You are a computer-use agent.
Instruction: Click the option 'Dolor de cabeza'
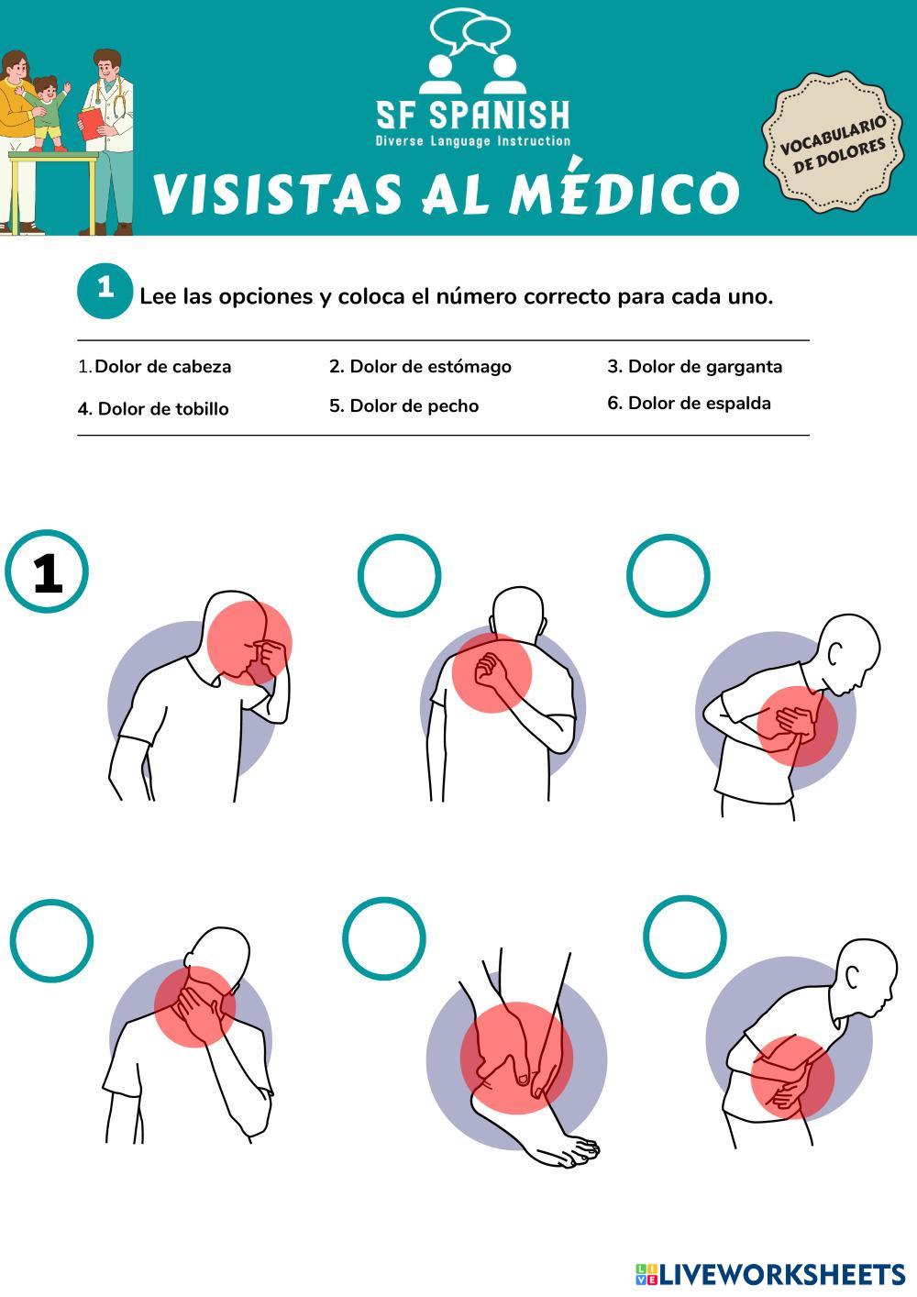pyautogui.click(x=155, y=367)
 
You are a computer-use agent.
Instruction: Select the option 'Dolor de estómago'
pyautogui.click(x=420, y=367)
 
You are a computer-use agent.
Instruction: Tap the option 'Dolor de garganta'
pyautogui.click(x=695, y=367)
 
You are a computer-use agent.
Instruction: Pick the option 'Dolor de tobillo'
pyautogui.click(x=153, y=409)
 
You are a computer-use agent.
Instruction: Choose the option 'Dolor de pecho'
pyautogui.click(x=404, y=406)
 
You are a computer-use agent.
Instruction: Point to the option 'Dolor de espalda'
pyautogui.click(x=689, y=403)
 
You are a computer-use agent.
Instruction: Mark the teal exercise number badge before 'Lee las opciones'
pyautogui.click(x=105, y=291)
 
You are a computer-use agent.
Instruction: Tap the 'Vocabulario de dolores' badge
pyautogui.click(x=833, y=142)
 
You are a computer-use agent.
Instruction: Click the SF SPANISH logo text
pyautogui.click(x=473, y=115)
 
